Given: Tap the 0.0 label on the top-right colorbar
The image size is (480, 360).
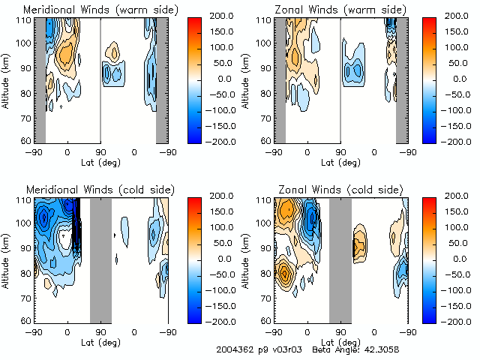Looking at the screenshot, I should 457,78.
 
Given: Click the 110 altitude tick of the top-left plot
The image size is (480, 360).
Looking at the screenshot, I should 25,20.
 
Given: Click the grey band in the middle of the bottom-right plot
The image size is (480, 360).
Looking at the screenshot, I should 340,259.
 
